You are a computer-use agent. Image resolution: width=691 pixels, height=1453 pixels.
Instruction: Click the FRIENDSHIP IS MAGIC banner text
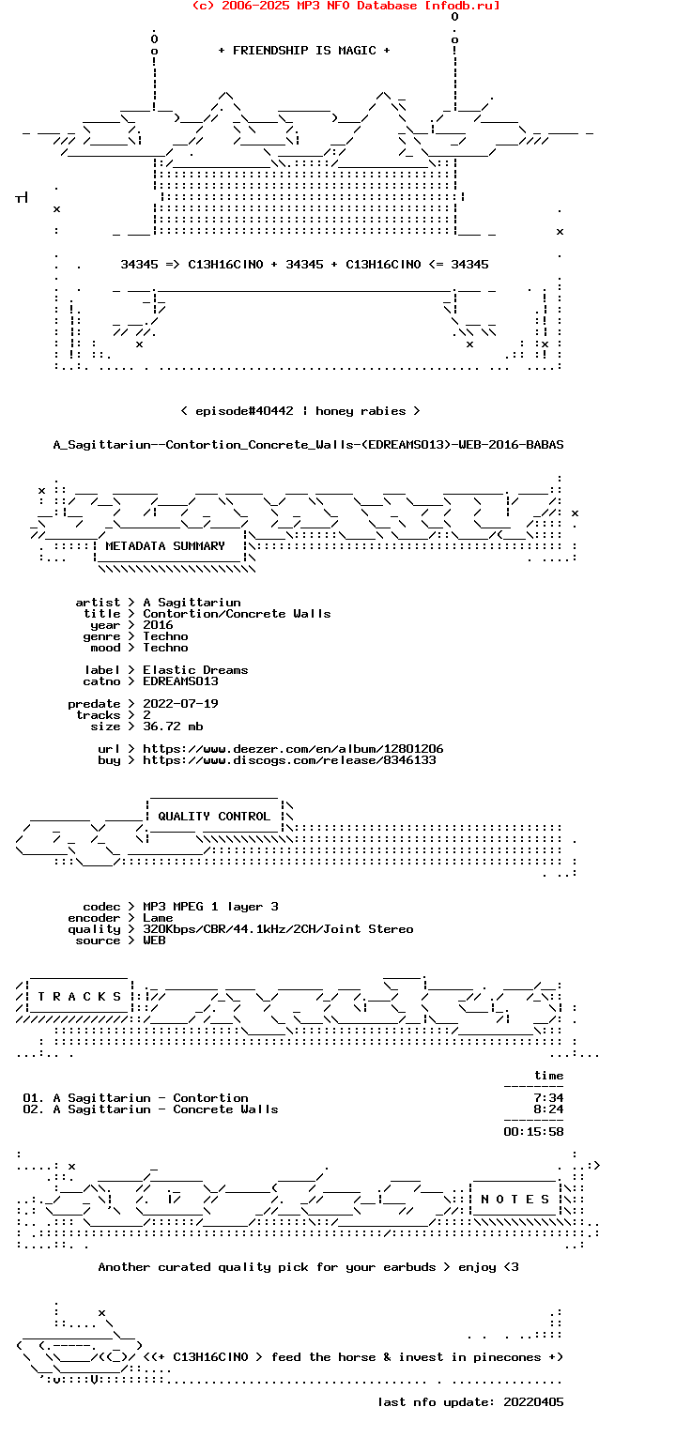[x=304, y=51]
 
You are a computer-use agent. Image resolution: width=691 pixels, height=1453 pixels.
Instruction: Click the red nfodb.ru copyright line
[x=345, y=6]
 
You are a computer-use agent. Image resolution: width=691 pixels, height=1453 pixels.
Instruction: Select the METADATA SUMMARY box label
[x=165, y=546]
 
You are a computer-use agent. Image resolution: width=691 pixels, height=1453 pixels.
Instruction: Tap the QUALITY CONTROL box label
[x=213, y=816]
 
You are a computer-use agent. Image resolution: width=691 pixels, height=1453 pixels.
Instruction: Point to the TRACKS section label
[x=79, y=996]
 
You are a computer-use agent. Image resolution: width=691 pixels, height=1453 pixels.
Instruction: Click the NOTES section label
[x=515, y=1200]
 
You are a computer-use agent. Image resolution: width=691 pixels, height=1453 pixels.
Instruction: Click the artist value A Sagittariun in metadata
[x=192, y=603]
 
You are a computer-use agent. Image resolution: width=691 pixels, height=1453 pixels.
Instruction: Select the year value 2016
[x=158, y=625]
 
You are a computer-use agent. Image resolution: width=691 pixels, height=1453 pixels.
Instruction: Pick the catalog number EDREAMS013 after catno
[x=180, y=681]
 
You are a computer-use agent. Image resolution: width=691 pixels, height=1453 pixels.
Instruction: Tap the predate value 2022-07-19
[x=180, y=704]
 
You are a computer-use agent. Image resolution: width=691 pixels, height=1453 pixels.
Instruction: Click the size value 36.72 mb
[x=173, y=726]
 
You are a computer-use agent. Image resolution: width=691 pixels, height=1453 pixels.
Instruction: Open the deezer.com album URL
[x=293, y=748]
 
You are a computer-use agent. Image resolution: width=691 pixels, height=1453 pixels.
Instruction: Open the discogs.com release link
[x=289, y=760]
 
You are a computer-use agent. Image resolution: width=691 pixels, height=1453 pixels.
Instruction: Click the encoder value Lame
[x=158, y=918]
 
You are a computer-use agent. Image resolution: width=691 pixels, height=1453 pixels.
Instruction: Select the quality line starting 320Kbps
[x=278, y=929]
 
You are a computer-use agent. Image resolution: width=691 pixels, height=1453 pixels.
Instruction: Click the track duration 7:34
[x=548, y=1098]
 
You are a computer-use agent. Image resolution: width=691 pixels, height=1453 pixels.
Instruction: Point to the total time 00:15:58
[x=533, y=1132]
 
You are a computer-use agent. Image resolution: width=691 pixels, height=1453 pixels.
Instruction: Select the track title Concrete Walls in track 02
[x=225, y=1109]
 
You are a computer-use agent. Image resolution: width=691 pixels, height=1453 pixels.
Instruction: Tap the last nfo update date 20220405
[x=533, y=1402]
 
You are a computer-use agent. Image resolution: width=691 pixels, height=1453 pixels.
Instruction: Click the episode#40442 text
[x=244, y=411]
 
